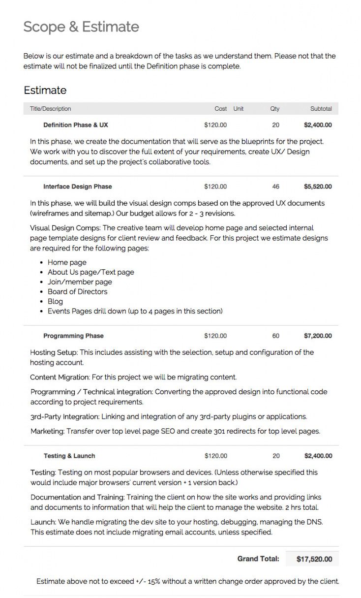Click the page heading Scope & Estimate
(81, 27)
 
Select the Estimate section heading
(45, 91)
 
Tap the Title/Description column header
(50, 109)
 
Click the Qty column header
(274, 109)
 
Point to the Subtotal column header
(321, 109)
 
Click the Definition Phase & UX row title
(76, 125)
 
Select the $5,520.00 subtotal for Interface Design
(318, 187)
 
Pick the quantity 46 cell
(275, 187)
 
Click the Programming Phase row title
(73, 336)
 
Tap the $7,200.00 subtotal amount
(318, 336)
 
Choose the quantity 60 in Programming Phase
(275, 336)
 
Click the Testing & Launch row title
(69, 456)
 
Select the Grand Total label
(258, 559)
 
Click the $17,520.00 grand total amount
(314, 559)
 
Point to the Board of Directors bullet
(77, 291)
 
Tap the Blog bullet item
(55, 301)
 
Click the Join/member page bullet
(80, 282)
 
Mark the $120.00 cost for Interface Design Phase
(215, 187)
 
